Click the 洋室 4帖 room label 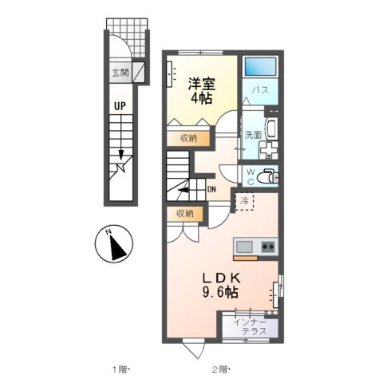(x=201, y=89)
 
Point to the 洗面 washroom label (x=253, y=134)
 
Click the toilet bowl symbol (x=267, y=175)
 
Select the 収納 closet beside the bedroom (x=188, y=138)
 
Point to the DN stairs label (x=211, y=189)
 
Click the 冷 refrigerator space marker (x=243, y=201)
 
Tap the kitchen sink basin (x=244, y=246)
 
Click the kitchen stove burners (x=267, y=246)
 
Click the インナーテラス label (x=249, y=326)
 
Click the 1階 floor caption (x=120, y=369)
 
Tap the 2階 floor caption (x=221, y=369)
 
